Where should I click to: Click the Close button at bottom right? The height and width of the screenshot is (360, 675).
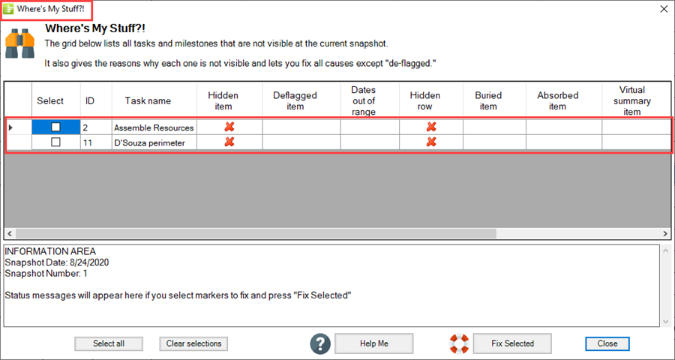coord(607,343)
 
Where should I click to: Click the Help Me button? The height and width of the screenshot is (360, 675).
coord(373,343)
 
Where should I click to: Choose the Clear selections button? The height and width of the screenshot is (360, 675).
coord(193,343)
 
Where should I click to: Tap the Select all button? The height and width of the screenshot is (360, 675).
coord(109,343)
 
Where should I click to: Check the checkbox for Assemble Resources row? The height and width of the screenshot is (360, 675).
coord(55,127)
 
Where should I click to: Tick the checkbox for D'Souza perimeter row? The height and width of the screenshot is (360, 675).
coord(55,142)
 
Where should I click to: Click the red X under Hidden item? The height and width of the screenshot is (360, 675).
coord(229,127)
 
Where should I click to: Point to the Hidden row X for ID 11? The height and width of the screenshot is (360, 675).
coord(431,142)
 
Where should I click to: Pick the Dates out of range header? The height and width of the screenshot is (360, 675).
coord(363,100)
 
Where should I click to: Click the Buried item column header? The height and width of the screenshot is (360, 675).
coord(487,100)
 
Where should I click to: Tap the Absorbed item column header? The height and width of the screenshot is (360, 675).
coord(557,100)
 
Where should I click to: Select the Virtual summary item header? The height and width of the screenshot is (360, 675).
coord(632,100)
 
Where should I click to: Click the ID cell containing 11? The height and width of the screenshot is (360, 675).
coord(96,142)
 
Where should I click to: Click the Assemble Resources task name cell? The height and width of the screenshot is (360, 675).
coord(154,127)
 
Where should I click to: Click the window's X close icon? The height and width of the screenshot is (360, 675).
coord(663,9)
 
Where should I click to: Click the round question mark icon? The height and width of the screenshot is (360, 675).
coord(321,343)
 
